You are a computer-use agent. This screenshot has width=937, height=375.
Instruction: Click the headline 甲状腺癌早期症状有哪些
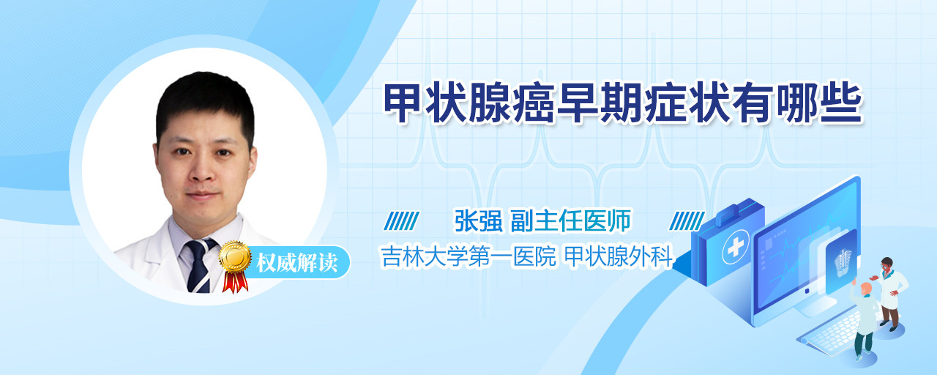623,103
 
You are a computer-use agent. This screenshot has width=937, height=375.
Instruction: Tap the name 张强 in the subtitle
479,220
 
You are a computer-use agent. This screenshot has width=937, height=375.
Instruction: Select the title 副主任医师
570,220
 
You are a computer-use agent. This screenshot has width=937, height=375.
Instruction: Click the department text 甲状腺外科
619,256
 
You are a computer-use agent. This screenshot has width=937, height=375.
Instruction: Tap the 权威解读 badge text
297,263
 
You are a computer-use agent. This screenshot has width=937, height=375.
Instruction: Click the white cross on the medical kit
735,247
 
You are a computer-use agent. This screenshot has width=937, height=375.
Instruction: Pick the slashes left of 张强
402,220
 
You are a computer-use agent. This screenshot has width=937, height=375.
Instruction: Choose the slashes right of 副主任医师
687,220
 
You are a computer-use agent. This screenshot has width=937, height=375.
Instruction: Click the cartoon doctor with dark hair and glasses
890,293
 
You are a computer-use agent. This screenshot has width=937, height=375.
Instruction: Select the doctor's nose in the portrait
203,168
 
